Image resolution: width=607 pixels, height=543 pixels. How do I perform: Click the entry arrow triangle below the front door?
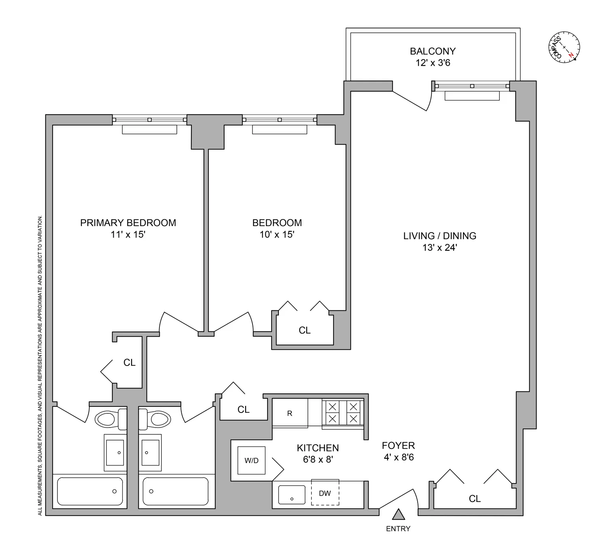pyautogui.click(x=399, y=514)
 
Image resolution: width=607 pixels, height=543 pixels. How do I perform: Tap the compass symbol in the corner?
pyautogui.click(x=564, y=47)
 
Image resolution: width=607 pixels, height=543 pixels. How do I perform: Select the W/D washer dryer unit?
pyautogui.click(x=251, y=460)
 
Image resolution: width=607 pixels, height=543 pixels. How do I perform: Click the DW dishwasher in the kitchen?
pyautogui.click(x=325, y=493)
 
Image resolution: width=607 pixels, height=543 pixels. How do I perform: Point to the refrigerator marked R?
pyautogui.click(x=290, y=413)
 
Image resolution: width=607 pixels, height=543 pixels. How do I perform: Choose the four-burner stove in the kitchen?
pyautogui.click(x=343, y=413)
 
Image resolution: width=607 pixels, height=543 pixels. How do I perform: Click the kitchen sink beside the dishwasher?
pyautogui.click(x=292, y=495)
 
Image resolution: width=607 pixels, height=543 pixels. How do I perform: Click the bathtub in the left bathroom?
pyautogui.click(x=90, y=491)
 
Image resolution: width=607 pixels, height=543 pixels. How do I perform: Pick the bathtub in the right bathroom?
pyautogui.click(x=176, y=491)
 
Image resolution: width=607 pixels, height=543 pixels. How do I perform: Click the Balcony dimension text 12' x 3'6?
pyautogui.click(x=433, y=63)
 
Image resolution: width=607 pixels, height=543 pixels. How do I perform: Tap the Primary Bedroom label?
pyautogui.click(x=128, y=222)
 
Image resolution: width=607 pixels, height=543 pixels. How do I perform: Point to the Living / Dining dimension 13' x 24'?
pyautogui.click(x=439, y=248)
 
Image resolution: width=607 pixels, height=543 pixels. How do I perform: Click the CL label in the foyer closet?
pyautogui.click(x=475, y=498)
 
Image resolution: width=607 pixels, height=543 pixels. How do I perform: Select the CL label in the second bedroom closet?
pyautogui.click(x=305, y=330)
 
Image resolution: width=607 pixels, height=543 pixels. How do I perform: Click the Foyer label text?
pyautogui.click(x=398, y=445)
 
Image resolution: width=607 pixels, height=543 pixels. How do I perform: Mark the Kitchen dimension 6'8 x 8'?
pyautogui.click(x=318, y=460)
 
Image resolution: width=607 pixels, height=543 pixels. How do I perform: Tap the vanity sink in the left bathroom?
pyautogui.click(x=114, y=452)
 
